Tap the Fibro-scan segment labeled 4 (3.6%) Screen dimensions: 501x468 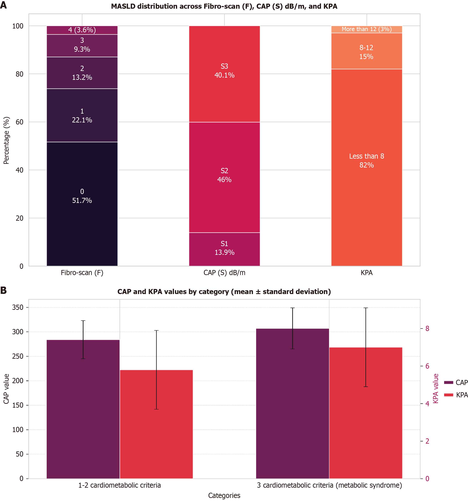click(82, 30)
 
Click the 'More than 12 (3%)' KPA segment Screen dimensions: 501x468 click(366, 29)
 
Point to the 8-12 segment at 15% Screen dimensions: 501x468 click(366, 52)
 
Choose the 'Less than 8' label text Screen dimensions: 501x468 click(366, 156)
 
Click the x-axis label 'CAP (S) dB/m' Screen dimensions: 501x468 click(224, 273)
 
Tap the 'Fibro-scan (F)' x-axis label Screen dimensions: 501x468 click(82, 273)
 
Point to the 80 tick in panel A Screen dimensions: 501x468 click(19, 74)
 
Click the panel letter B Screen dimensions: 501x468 click(3, 290)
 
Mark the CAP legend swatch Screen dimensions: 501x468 click(449, 383)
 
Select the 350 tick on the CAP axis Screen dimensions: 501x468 click(18, 307)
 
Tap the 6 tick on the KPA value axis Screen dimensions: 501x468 click(427, 366)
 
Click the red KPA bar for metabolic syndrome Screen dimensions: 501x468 click(366, 413)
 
